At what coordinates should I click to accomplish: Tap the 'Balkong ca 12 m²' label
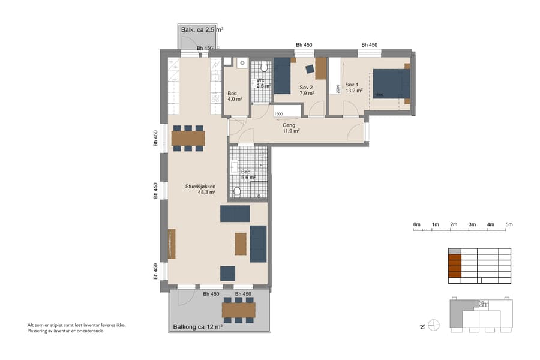tap(197, 327)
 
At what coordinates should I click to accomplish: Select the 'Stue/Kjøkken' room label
tap(200, 190)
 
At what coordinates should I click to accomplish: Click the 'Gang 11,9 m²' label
tap(291, 128)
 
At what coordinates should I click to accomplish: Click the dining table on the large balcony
tap(238, 310)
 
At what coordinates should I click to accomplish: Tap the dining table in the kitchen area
tap(188, 139)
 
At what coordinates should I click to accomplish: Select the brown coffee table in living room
tap(241, 244)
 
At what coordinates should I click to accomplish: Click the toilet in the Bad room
tap(238, 191)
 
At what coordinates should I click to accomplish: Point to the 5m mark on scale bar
tap(509, 224)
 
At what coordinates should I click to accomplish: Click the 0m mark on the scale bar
tap(416, 224)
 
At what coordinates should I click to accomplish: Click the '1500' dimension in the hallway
tap(278, 114)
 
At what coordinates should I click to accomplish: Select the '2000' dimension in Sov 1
tap(338, 88)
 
